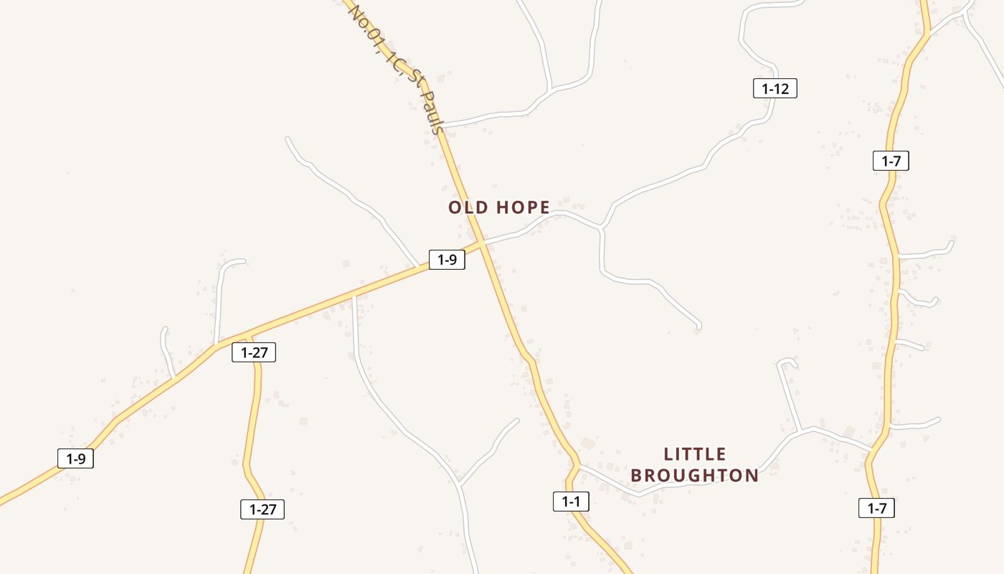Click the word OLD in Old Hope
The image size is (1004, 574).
tap(468, 207)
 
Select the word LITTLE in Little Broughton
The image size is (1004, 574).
tap(695, 454)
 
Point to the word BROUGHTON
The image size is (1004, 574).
tap(694, 475)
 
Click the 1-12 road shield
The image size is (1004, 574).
tap(775, 89)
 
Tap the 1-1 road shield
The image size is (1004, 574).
tap(571, 502)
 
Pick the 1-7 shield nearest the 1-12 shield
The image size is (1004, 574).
tap(891, 161)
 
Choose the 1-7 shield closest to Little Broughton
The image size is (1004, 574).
tap(876, 509)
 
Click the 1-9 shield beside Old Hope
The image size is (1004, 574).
tap(447, 260)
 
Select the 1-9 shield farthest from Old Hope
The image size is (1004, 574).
tap(75, 458)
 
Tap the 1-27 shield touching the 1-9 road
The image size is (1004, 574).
tap(254, 352)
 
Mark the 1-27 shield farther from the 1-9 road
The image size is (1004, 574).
tap(262, 509)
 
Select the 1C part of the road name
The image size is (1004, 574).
tap(393, 63)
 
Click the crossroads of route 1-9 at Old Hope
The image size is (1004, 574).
tap(483, 244)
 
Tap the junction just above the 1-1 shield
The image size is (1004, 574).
tap(577, 466)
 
